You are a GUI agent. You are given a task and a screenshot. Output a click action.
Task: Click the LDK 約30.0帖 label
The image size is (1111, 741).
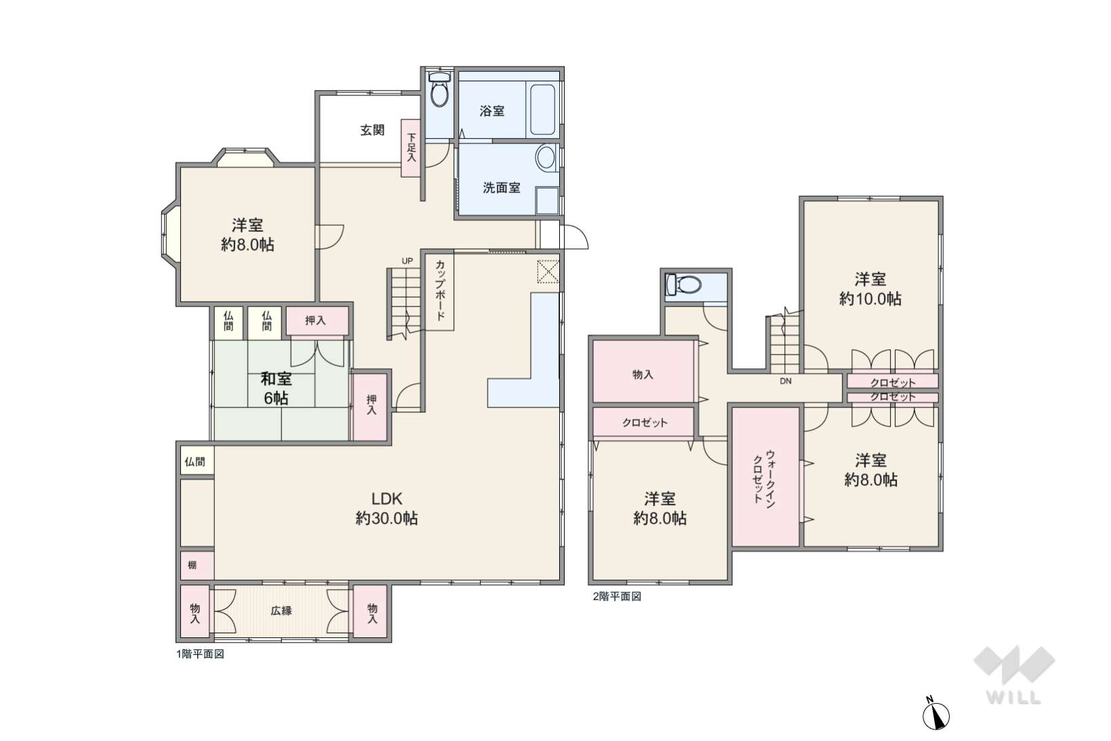click(387, 508)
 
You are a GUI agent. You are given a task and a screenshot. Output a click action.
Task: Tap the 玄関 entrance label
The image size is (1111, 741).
click(372, 130)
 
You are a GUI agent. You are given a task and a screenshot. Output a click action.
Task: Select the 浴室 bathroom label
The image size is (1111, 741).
click(492, 111)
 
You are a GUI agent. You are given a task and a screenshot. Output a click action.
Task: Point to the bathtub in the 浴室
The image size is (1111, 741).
click(542, 109)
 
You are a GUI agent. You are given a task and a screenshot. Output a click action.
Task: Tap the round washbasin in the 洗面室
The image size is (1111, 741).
click(546, 158)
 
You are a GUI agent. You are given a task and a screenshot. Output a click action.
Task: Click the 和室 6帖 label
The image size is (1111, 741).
click(277, 388)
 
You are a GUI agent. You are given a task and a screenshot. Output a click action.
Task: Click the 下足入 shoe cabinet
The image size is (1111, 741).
click(411, 148)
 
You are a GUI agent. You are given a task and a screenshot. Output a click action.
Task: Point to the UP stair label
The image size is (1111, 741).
click(407, 261)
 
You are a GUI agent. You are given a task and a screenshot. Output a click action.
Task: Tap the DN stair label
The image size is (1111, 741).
click(785, 382)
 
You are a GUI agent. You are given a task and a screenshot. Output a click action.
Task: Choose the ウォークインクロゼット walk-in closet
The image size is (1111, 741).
click(765, 476)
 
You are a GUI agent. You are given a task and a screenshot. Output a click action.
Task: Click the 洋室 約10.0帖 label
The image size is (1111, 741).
click(870, 289)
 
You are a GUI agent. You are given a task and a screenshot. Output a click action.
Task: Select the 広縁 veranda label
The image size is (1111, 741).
click(281, 611)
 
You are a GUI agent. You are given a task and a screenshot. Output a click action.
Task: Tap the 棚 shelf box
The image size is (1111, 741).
click(197, 565)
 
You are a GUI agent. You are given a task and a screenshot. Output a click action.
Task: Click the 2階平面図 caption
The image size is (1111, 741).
click(617, 597)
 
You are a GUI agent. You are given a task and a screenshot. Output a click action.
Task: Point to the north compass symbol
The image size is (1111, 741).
click(935, 715)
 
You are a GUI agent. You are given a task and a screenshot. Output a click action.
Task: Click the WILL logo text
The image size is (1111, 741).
click(1013, 698)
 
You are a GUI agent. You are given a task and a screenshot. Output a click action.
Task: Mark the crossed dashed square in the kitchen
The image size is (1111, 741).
click(548, 271)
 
